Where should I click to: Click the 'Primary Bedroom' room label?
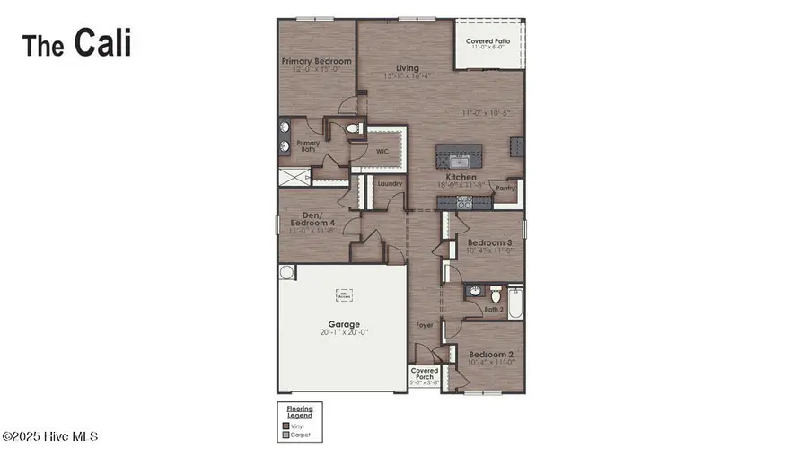316,62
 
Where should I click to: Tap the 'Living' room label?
408,68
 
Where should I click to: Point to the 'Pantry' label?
506,189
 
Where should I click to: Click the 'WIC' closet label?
381,153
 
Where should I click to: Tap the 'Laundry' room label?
389,184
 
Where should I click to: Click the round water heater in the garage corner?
286,271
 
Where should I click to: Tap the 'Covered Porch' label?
424,374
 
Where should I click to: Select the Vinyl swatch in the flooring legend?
285,426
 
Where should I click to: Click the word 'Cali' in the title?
102,42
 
